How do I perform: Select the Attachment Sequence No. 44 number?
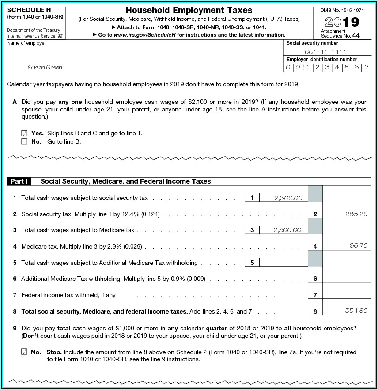356,35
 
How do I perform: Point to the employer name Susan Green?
45,68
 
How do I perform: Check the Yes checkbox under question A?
24,133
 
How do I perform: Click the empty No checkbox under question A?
24,141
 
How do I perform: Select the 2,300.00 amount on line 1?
288,198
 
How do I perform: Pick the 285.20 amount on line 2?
356,214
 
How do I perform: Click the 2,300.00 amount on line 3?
287,230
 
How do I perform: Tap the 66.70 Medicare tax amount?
358,245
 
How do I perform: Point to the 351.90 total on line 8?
356,310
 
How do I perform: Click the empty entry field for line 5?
283,262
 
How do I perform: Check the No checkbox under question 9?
24,352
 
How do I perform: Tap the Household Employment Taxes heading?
189,10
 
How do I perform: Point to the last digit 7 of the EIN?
366,68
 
